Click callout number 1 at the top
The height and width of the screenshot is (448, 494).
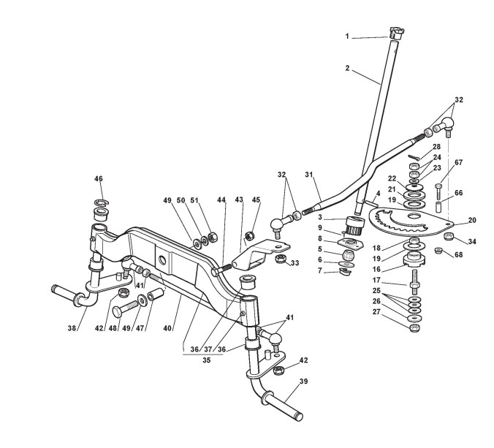pos(348,36)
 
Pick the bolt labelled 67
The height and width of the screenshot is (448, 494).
pos(438,191)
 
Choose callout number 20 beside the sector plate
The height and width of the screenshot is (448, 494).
pos(471,220)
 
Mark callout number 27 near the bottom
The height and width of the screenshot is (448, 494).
pos(376,311)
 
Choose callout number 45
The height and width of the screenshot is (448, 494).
pos(255,200)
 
